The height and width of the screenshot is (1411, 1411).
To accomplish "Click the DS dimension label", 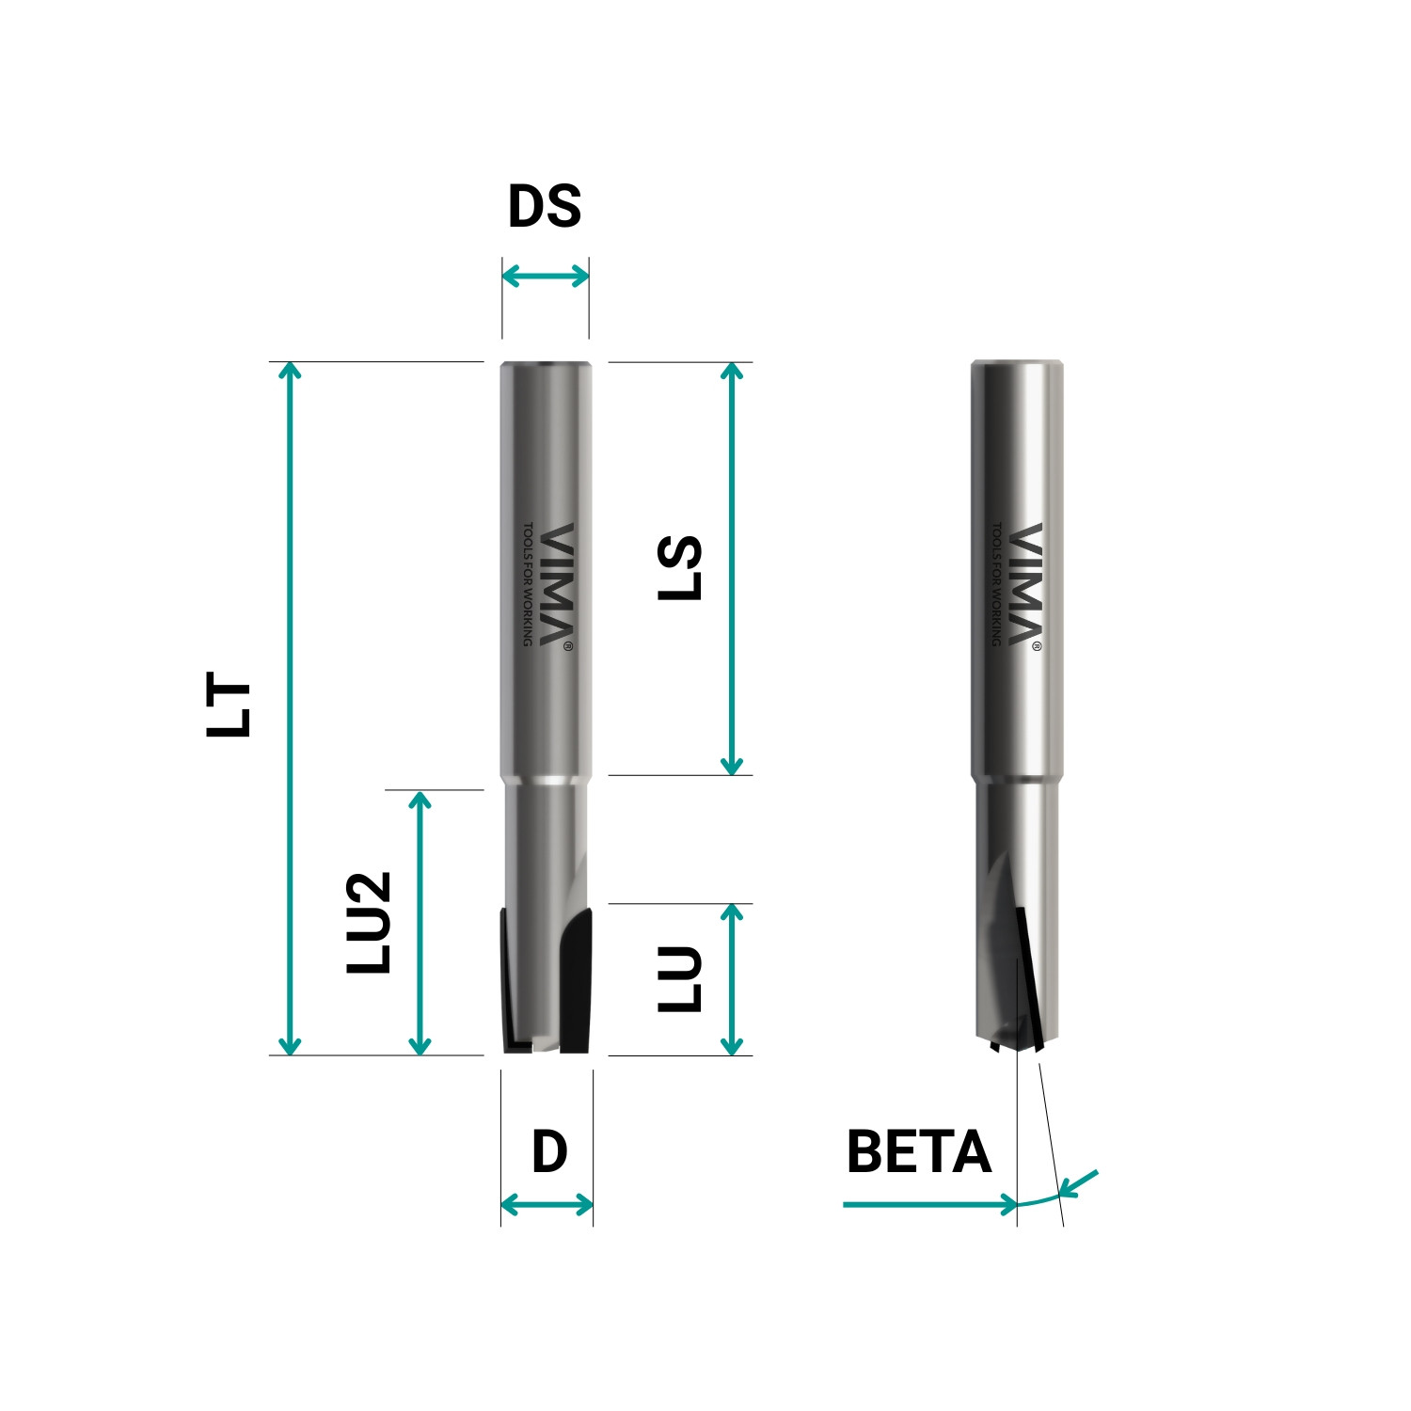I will [545, 207].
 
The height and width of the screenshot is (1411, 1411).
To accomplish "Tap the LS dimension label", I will [680, 568].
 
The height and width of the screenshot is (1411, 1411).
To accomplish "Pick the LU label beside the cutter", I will [680, 979].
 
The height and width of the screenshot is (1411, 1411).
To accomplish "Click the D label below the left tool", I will [549, 1151].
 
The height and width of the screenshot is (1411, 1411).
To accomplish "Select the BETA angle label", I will [918, 1151].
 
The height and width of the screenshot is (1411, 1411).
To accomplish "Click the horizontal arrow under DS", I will [546, 277].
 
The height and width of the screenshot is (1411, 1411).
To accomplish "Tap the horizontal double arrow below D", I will [547, 1205].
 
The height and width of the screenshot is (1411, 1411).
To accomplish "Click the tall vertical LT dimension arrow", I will [291, 707].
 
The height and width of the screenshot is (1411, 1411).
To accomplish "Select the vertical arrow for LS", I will [732, 568].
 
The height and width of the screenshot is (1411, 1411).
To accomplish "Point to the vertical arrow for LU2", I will [420, 922].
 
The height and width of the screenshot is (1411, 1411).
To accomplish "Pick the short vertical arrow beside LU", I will [732, 979].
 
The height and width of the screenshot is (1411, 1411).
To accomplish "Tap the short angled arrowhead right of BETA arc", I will [1078, 1182].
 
